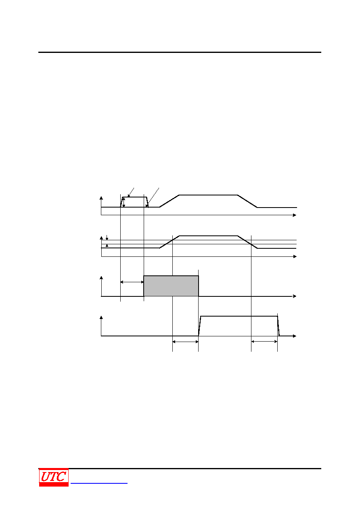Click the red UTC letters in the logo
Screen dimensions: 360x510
(x=53, y=476)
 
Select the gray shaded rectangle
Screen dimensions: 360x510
(x=171, y=286)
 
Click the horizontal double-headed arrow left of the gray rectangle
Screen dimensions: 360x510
(x=132, y=282)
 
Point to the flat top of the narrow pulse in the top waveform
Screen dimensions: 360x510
(x=134, y=197)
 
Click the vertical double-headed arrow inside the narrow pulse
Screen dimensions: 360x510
(x=123, y=202)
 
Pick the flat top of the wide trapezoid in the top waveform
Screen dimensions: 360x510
(x=208, y=195)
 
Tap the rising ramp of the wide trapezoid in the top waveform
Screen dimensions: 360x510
(x=169, y=201)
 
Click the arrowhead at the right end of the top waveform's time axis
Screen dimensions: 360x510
(x=295, y=215)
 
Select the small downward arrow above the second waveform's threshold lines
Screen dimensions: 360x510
(x=107, y=237)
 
